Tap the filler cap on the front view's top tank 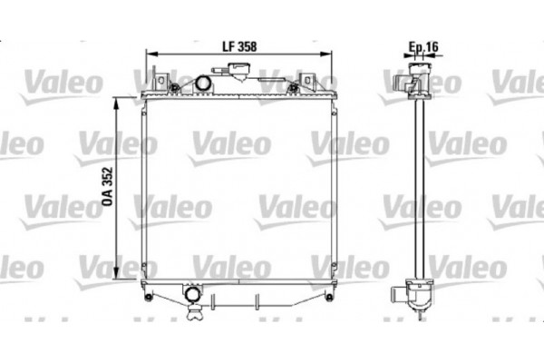(242, 69)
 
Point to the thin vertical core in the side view (418, 191)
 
